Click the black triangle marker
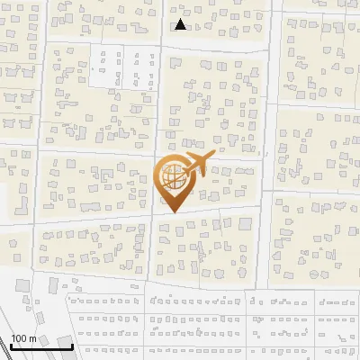point(181,24)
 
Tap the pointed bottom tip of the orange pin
point(172,211)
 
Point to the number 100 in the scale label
point(20,338)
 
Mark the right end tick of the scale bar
point(73,346)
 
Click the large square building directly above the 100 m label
point(47,286)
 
